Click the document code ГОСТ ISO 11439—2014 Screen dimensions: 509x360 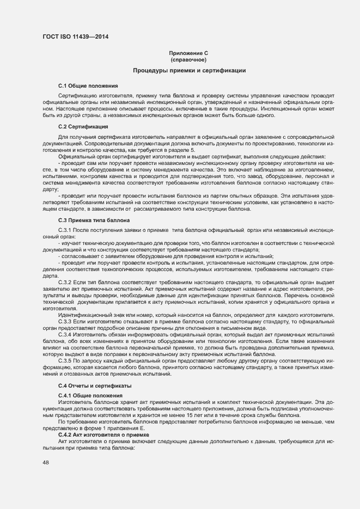point(80,37)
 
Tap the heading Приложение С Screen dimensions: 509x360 point(189,53)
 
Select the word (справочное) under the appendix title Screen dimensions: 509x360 point(189,59)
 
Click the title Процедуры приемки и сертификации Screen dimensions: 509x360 point(189,71)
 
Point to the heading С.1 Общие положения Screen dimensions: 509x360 point(87,86)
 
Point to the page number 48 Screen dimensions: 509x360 point(46,462)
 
